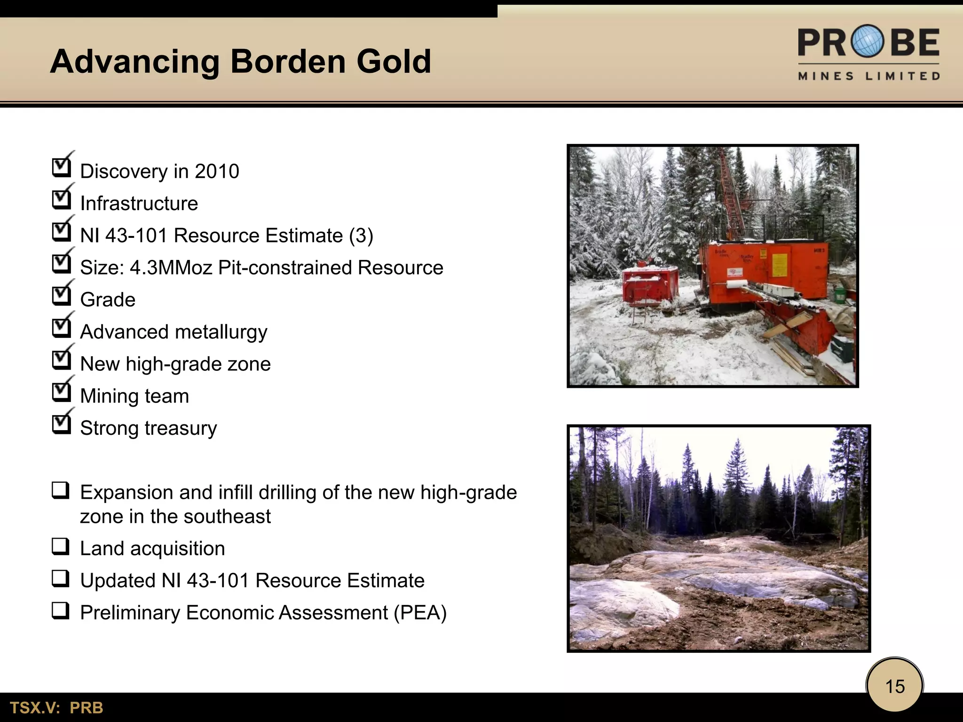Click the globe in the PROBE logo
pos(868,41)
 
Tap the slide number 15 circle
pos(895,686)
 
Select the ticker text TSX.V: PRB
pos(56,708)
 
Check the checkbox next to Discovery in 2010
pos(61,167)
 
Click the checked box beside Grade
pos(61,296)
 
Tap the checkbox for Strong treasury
pos(61,424)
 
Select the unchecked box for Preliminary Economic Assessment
pos(61,612)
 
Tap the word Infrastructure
pos(139,204)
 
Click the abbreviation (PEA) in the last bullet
pos(420,612)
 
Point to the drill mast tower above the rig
pos(730,193)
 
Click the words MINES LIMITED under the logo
pos(868,76)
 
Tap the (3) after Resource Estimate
pos(361,235)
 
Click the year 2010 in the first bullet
pos(217,171)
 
